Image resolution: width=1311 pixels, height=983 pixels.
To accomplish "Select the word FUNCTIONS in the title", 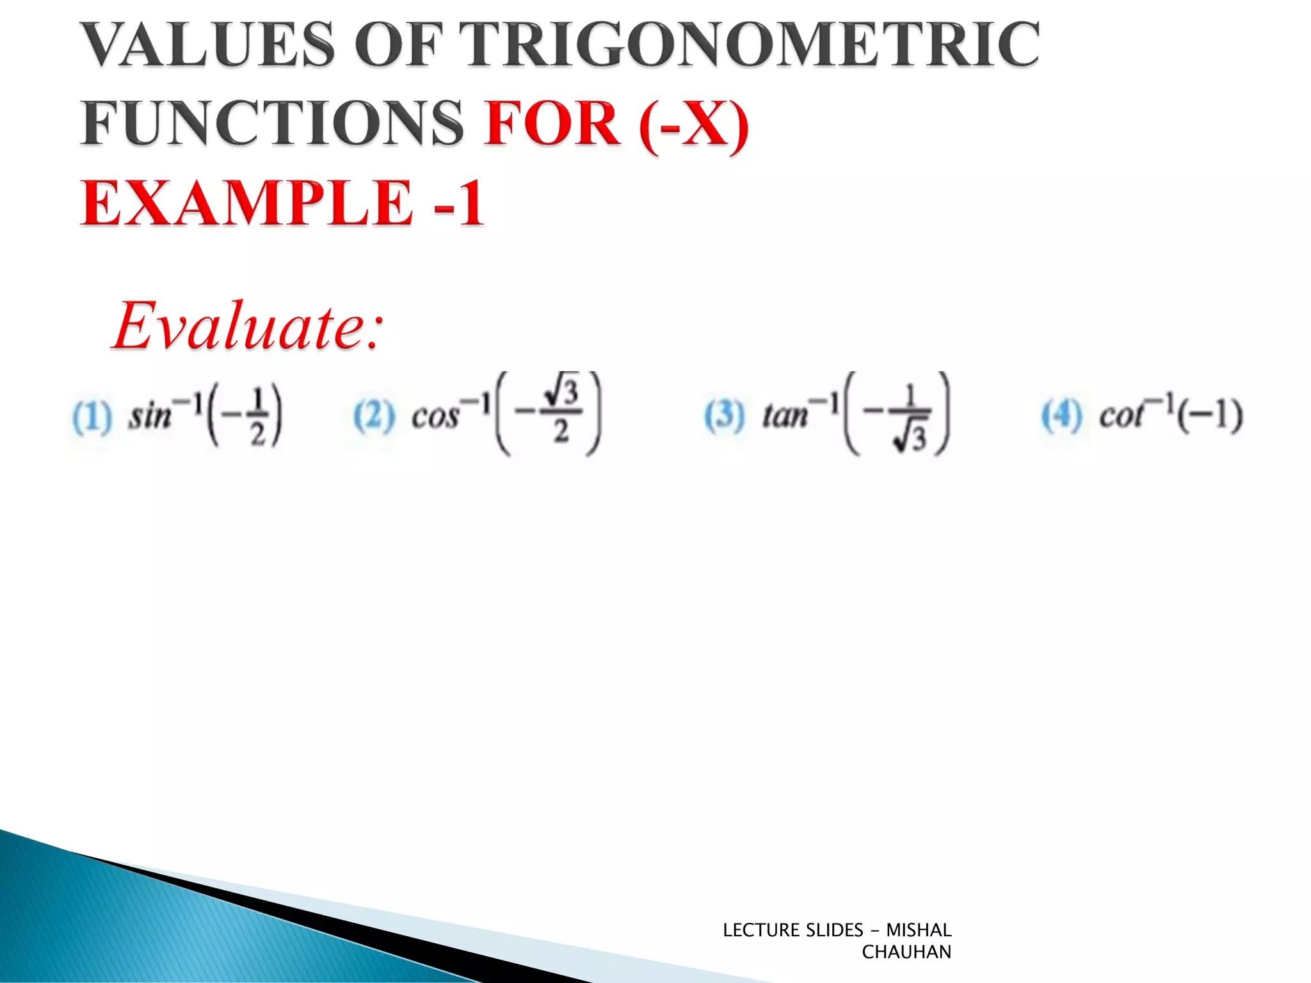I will tap(272, 123).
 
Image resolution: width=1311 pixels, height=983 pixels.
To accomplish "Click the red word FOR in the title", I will tap(552, 123).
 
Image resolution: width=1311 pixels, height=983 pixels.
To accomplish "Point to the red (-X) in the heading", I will tap(694, 124).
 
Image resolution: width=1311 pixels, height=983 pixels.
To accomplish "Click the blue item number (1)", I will tap(92, 417).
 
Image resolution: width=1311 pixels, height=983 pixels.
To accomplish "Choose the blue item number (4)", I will tap(1061, 415).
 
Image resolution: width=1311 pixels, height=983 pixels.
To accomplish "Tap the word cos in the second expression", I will tap(435, 417).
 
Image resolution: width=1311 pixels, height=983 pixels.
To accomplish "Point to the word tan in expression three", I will tap(785, 417).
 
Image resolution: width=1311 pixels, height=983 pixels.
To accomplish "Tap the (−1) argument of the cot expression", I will tap(1210, 415).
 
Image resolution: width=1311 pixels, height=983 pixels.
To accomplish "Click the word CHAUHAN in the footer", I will tap(906, 952).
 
